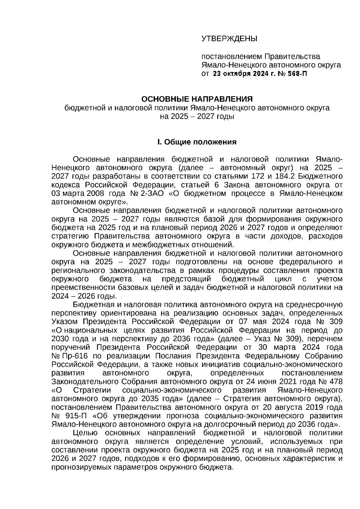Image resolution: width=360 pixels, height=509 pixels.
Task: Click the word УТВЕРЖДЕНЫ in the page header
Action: pyautogui.click(x=229, y=39)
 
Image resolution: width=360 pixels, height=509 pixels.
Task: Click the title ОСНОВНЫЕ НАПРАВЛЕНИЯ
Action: pyautogui.click(x=197, y=99)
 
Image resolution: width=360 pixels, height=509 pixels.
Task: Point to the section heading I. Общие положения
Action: pyautogui.click(x=197, y=142)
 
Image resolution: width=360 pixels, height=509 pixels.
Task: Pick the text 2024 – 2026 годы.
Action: pyautogui.click(x=84, y=296)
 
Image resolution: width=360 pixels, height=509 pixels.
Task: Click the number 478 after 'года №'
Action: pyautogui.click(x=335, y=382)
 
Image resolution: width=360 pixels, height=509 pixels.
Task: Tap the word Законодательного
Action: pyautogui.click(x=84, y=382)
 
